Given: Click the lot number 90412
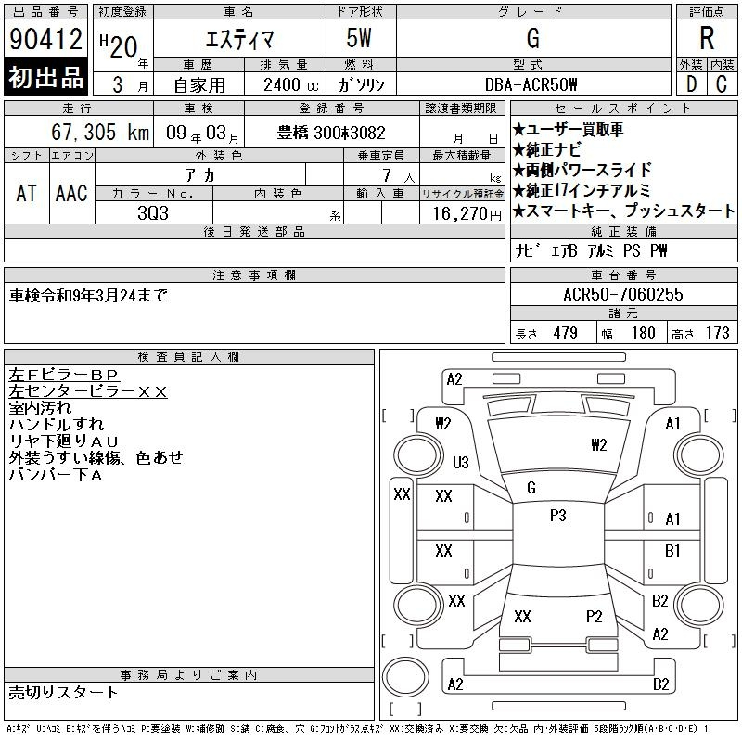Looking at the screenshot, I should coord(46,39).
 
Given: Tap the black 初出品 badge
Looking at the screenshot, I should coord(46,78).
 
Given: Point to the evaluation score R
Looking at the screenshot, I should coord(707,39).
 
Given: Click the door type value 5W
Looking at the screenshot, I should coord(360,39).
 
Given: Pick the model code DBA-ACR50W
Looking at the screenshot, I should coord(531,84).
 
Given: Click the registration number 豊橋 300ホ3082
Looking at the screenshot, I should coord(331,133).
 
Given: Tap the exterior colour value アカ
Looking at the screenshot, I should coord(219,175).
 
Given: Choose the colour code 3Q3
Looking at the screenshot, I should coord(154,212).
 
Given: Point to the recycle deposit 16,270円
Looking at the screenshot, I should coord(462,212).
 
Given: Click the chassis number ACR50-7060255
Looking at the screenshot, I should coord(623,295).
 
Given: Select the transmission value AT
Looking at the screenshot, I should coord(26,193).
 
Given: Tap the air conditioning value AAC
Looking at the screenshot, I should coord(71,193).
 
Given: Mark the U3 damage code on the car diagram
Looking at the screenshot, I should coord(460,462).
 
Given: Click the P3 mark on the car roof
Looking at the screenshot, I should coord(557,516).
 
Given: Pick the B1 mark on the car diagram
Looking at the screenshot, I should coord(673,551).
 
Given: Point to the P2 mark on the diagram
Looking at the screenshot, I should coord(595,616).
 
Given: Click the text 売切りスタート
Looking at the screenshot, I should coord(64,692).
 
